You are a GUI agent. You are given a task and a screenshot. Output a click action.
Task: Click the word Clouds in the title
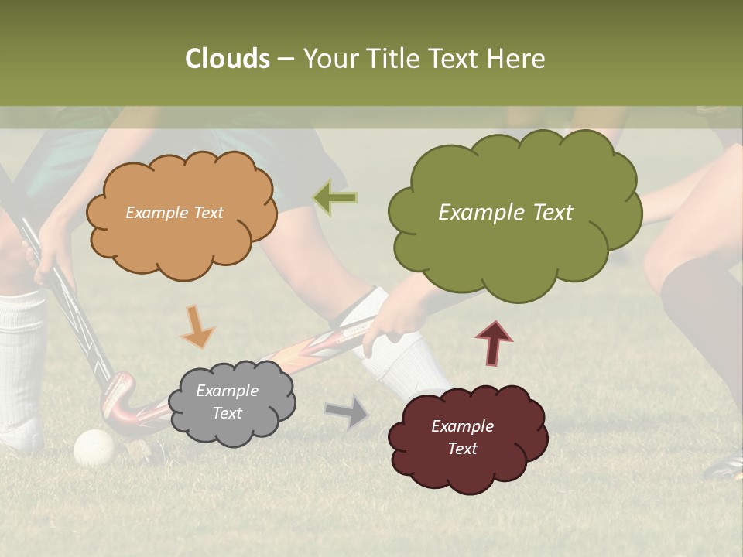tap(228, 59)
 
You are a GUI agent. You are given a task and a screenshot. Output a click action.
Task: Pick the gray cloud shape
tap(231, 402)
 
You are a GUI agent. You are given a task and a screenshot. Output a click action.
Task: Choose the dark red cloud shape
tap(467, 438)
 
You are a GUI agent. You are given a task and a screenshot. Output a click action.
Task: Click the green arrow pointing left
tap(335, 198)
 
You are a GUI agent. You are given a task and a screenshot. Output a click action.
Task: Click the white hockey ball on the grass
tap(94, 447)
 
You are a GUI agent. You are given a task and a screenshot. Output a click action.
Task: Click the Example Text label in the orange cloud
tap(174, 213)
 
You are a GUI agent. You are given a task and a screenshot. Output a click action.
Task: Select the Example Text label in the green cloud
tap(505, 213)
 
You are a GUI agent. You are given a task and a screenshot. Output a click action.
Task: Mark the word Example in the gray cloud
tap(227, 391)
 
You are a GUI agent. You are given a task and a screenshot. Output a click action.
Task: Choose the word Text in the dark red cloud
tap(462, 449)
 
